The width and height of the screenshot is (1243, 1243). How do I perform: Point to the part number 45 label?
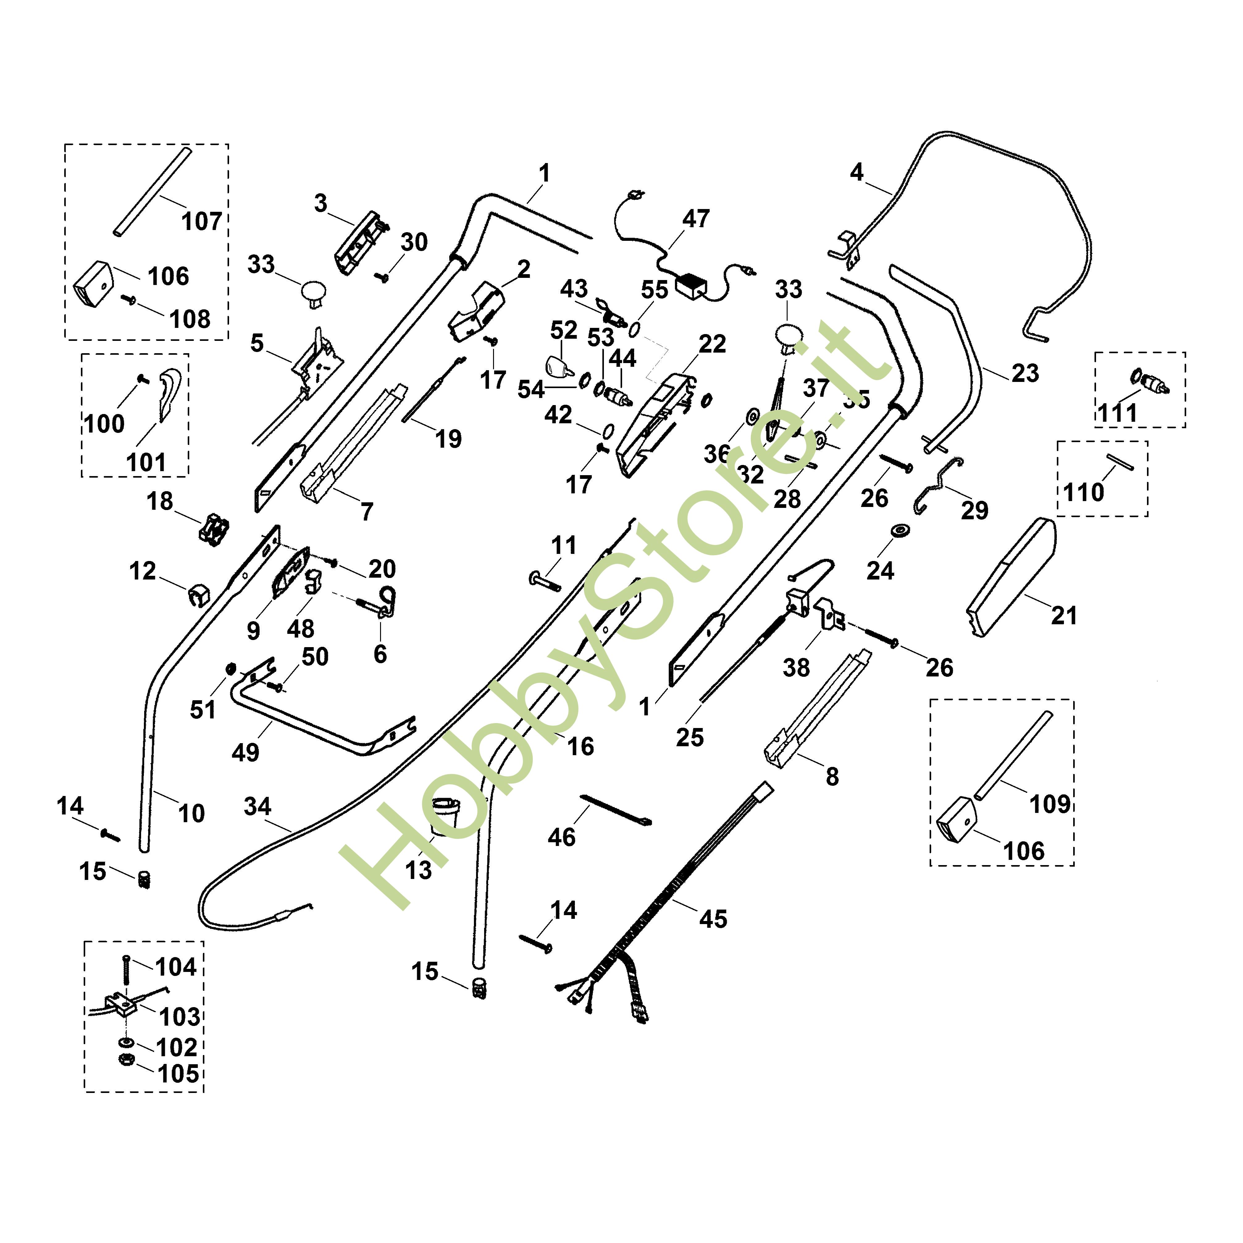(713, 919)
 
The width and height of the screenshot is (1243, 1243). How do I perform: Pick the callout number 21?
(1064, 616)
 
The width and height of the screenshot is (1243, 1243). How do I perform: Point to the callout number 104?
(176, 967)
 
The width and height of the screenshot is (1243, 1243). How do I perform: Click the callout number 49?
(245, 752)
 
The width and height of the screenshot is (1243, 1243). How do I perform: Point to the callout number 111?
(1118, 412)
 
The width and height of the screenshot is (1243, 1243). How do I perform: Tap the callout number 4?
(856, 172)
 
